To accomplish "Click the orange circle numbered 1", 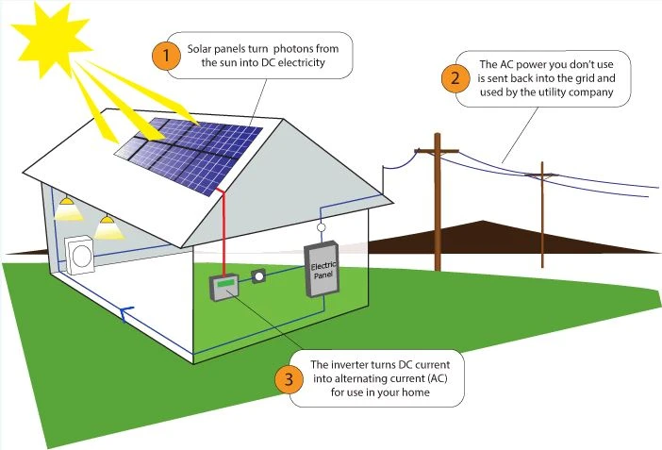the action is [x=166, y=56].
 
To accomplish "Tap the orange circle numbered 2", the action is [x=455, y=78].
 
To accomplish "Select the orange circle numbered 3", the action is [x=290, y=378].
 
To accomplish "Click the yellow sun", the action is [x=51, y=41].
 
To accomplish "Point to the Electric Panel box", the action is [x=322, y=269].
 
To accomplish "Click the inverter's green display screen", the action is [x=225, y=283].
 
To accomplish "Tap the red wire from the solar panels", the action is [x=222, y=232].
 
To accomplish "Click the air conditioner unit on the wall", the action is [x=79, y=256].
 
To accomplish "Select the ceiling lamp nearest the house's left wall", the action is [x=68, y=208].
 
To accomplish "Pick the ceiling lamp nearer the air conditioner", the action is [x=108, y=227].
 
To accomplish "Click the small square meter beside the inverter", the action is [x=258, y=276].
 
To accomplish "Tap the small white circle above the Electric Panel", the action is [x=321, y=227].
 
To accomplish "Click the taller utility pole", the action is [x=438, y=202].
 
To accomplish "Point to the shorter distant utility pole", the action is [x=542, y=215].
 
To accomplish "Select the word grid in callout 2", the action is [x=587, y=78].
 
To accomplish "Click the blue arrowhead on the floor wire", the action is [x=125, y=313].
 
